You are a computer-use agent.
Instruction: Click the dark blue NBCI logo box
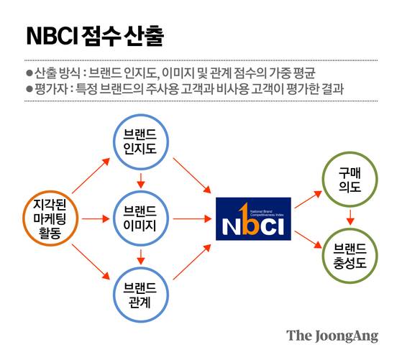pyautogui.click(x=253, y=219)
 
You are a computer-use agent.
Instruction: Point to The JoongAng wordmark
pyautogui.click(x=332, y=335)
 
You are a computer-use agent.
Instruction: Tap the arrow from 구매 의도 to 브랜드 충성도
pyautogui.click(x=349, y=216)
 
